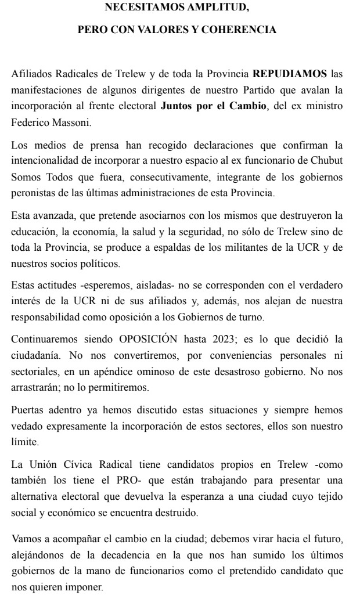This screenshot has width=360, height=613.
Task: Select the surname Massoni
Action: (x=76, y=123)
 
